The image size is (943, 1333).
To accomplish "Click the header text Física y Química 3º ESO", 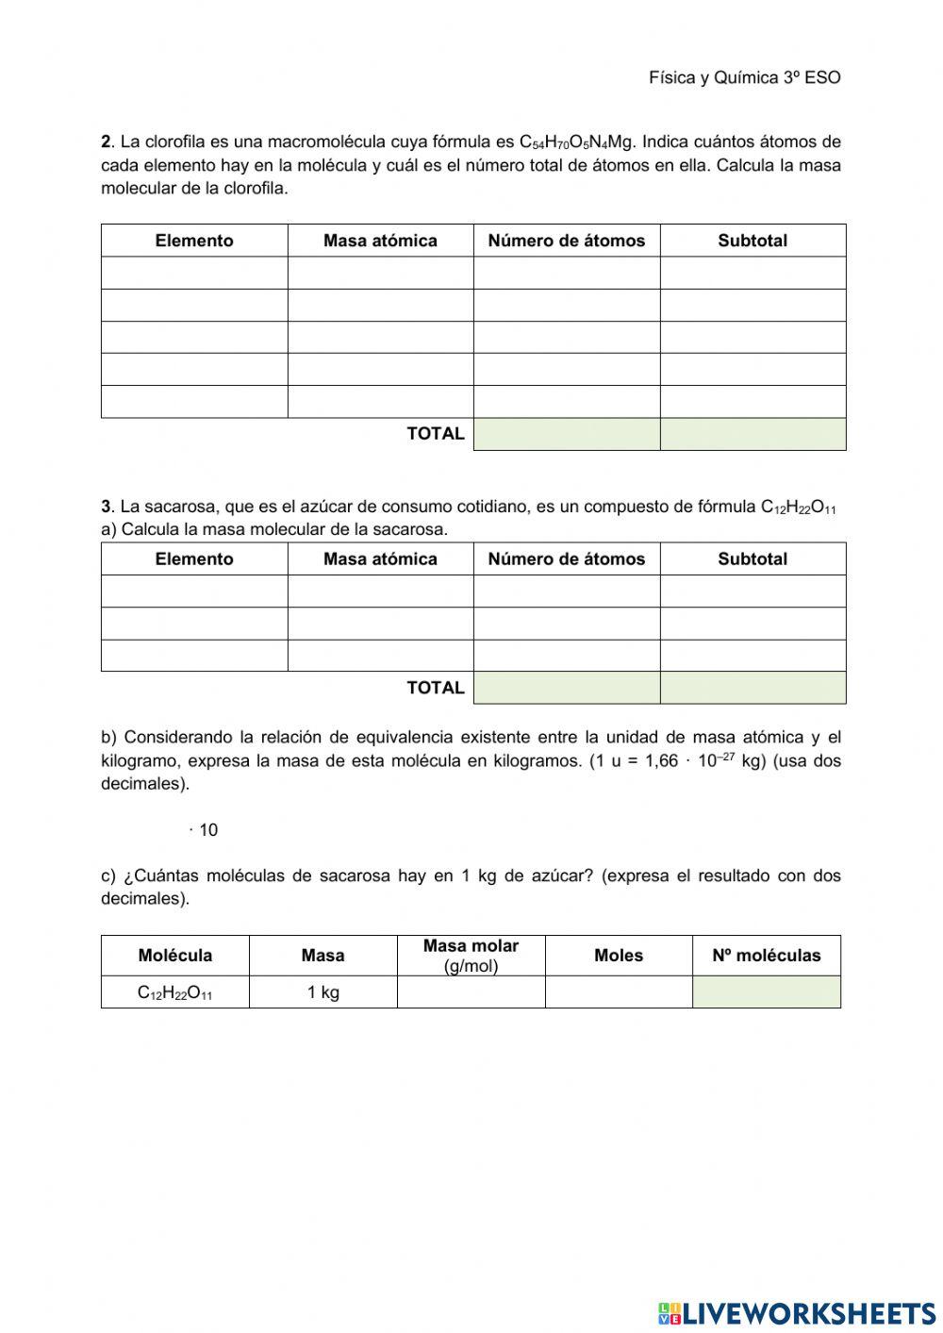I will coord(744,77).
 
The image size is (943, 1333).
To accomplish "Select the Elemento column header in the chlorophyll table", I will coord(194,241).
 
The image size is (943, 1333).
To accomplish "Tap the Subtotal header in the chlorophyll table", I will coord(753,241).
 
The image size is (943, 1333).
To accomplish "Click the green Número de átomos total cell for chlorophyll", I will coord(567,434).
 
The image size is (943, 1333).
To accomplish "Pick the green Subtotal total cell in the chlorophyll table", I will coord(753,434).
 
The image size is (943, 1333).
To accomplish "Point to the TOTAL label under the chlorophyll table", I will coord(436,434).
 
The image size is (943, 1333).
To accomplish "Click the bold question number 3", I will coord(106,507).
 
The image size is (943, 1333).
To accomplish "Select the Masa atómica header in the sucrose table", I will coord(380,558).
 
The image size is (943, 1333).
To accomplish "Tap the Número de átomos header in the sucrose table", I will coord(567,558).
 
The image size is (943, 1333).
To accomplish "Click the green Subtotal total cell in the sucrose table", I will coord(753,688).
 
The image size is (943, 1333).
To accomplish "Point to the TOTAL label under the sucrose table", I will coord(436,688).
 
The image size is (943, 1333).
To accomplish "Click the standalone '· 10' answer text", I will coord(204,830).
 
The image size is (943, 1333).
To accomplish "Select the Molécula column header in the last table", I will coord(175,956).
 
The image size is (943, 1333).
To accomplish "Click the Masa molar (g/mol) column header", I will coord(471,956).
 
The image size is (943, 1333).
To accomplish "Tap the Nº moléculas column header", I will coord(766,956).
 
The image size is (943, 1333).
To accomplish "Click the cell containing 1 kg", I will coord(323,992).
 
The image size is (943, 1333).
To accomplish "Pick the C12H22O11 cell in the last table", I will coord(175,992).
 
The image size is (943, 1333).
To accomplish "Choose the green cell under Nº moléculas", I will coord(766,992).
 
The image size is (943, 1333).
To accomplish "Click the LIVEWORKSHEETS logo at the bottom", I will coord(797,1312).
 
